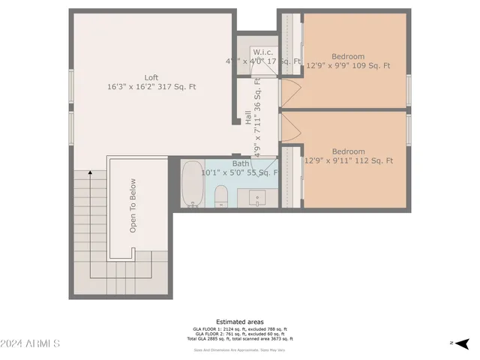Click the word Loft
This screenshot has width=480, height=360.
[151, 77]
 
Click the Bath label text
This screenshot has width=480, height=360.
[241, 163]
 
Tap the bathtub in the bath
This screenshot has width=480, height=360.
[192, 184]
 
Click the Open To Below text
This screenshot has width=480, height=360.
[133, 205]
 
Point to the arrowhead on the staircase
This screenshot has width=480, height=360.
[91, 173]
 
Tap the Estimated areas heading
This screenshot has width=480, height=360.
[239, 322]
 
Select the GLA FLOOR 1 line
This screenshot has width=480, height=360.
[239, 328]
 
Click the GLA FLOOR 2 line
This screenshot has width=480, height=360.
[239, 334]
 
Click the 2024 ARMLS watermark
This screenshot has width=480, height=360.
[30, 343]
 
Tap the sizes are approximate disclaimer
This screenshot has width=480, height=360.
[239, 349]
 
